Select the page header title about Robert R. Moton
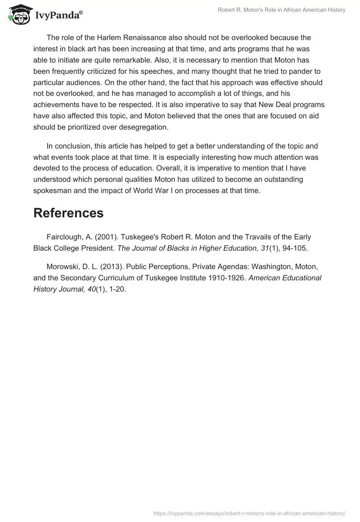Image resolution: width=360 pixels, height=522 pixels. pos(281,10)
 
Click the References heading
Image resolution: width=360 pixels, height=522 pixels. pos(68,213)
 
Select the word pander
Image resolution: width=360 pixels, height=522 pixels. pos(286,71)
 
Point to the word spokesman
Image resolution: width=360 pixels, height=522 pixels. pos(53,190)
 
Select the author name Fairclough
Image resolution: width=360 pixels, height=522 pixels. pos(64,237)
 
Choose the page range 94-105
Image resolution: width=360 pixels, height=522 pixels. pos(294,248)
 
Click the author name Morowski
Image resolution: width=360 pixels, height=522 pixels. pos(63,266)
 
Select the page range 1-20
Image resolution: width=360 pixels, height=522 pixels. pos(117,289)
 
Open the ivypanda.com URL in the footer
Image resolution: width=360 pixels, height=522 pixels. pos(249,513)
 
